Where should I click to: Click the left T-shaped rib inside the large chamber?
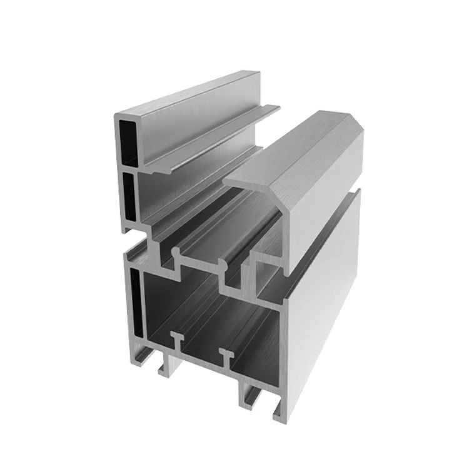177,338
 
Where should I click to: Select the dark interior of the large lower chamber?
206,313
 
